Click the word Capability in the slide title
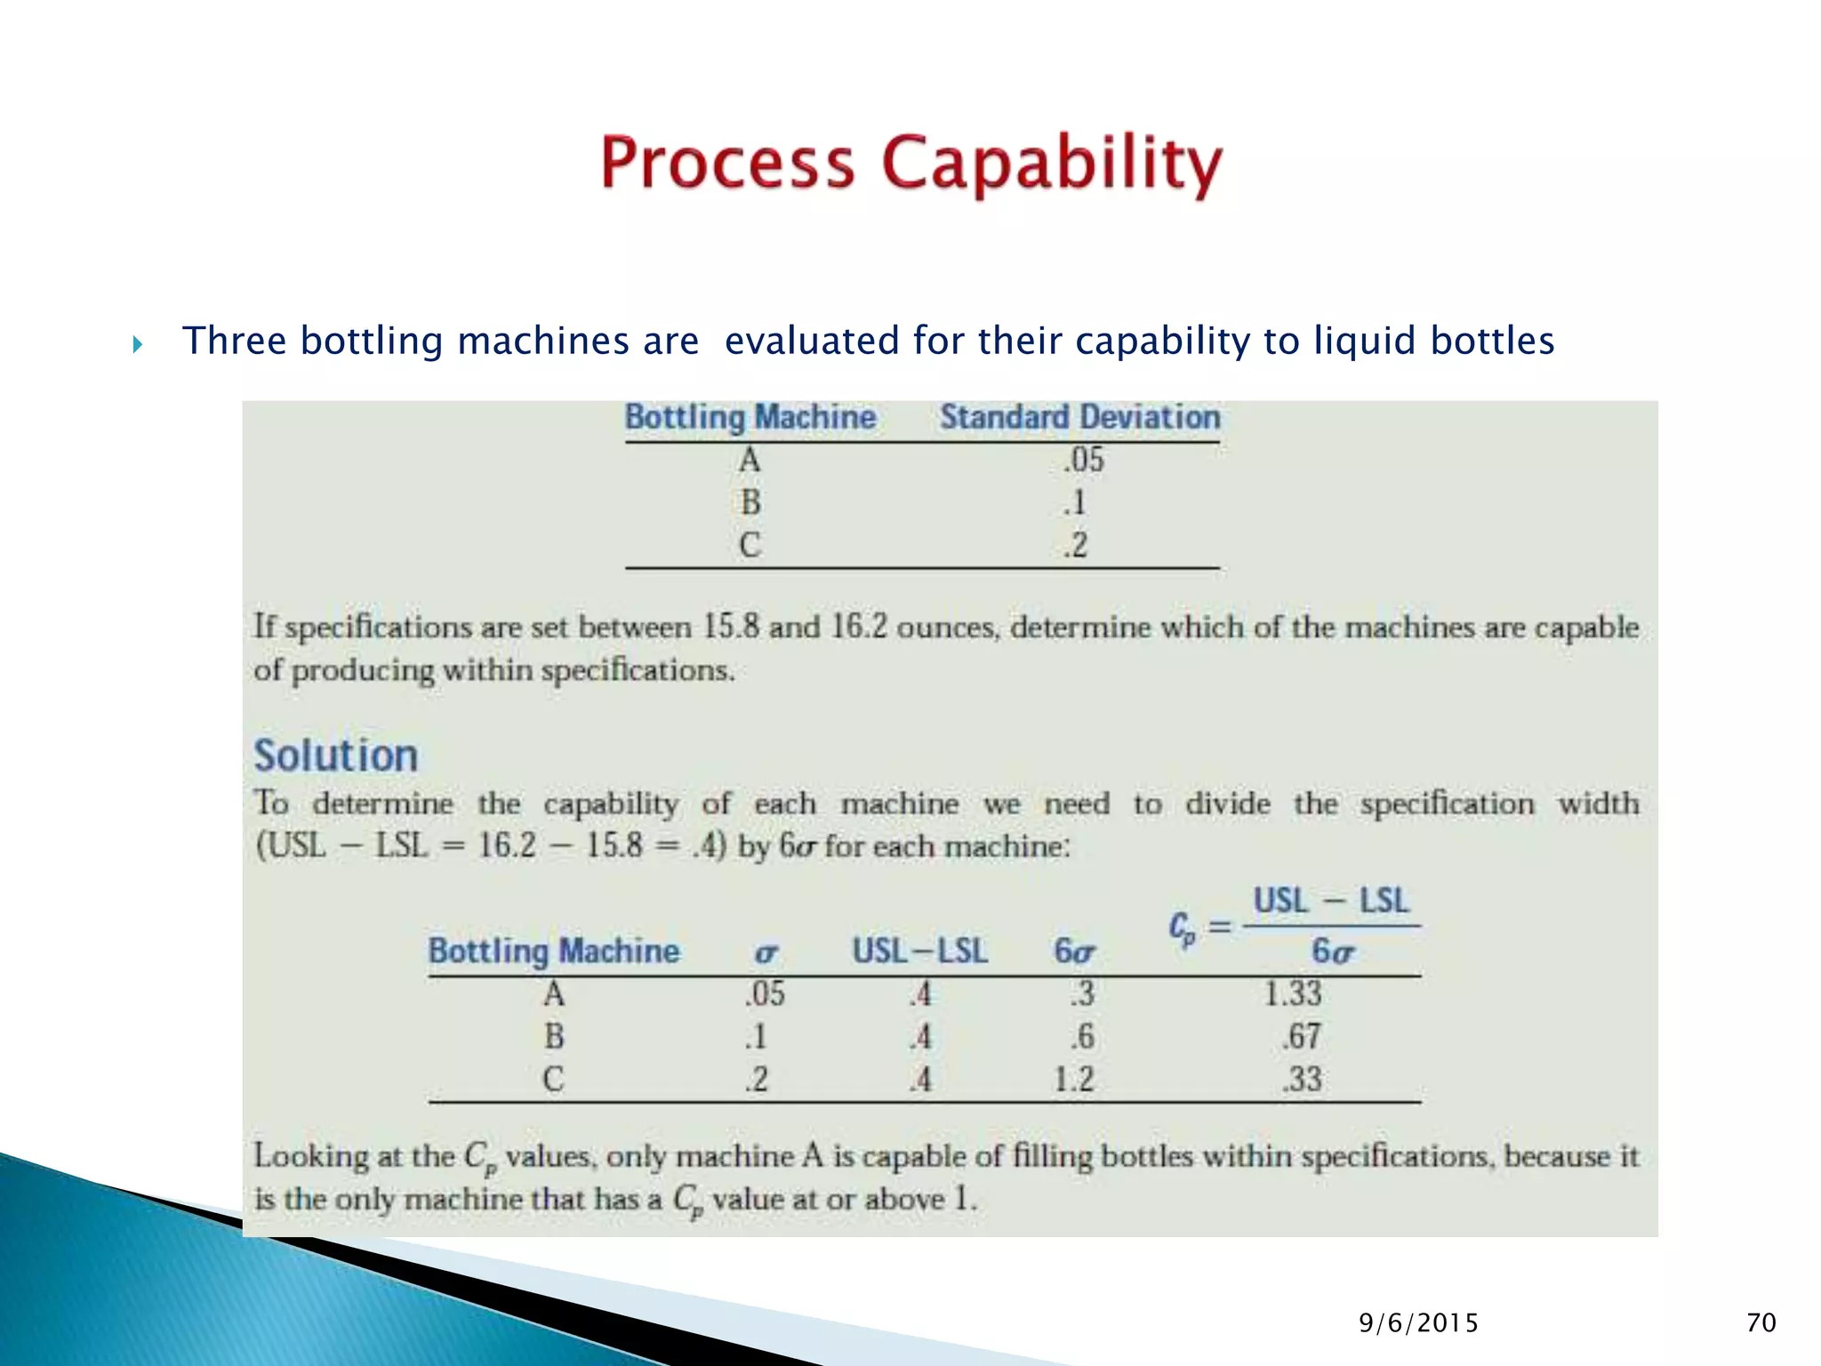(x=1052, y=165)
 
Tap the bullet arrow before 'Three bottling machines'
(x=137, y=344)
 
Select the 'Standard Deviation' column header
(x=1079, y=417)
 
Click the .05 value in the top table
(x=1083, y=460)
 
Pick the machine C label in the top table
(x=750, y=544)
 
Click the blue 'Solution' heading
(x=336, y=756)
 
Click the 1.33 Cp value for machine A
(x=1293, y=993)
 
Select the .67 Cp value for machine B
(x=1302, y=1036)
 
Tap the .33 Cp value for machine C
(x=1302, y=1079)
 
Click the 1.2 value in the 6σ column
(x=1073, y=1079)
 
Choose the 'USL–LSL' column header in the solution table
(x=919, y=951)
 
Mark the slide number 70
(x=1761, y=1323)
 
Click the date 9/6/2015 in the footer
(x=1418, y=1323)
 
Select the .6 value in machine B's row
(x=1082, y=1036)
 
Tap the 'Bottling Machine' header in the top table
(x=750, y=417)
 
